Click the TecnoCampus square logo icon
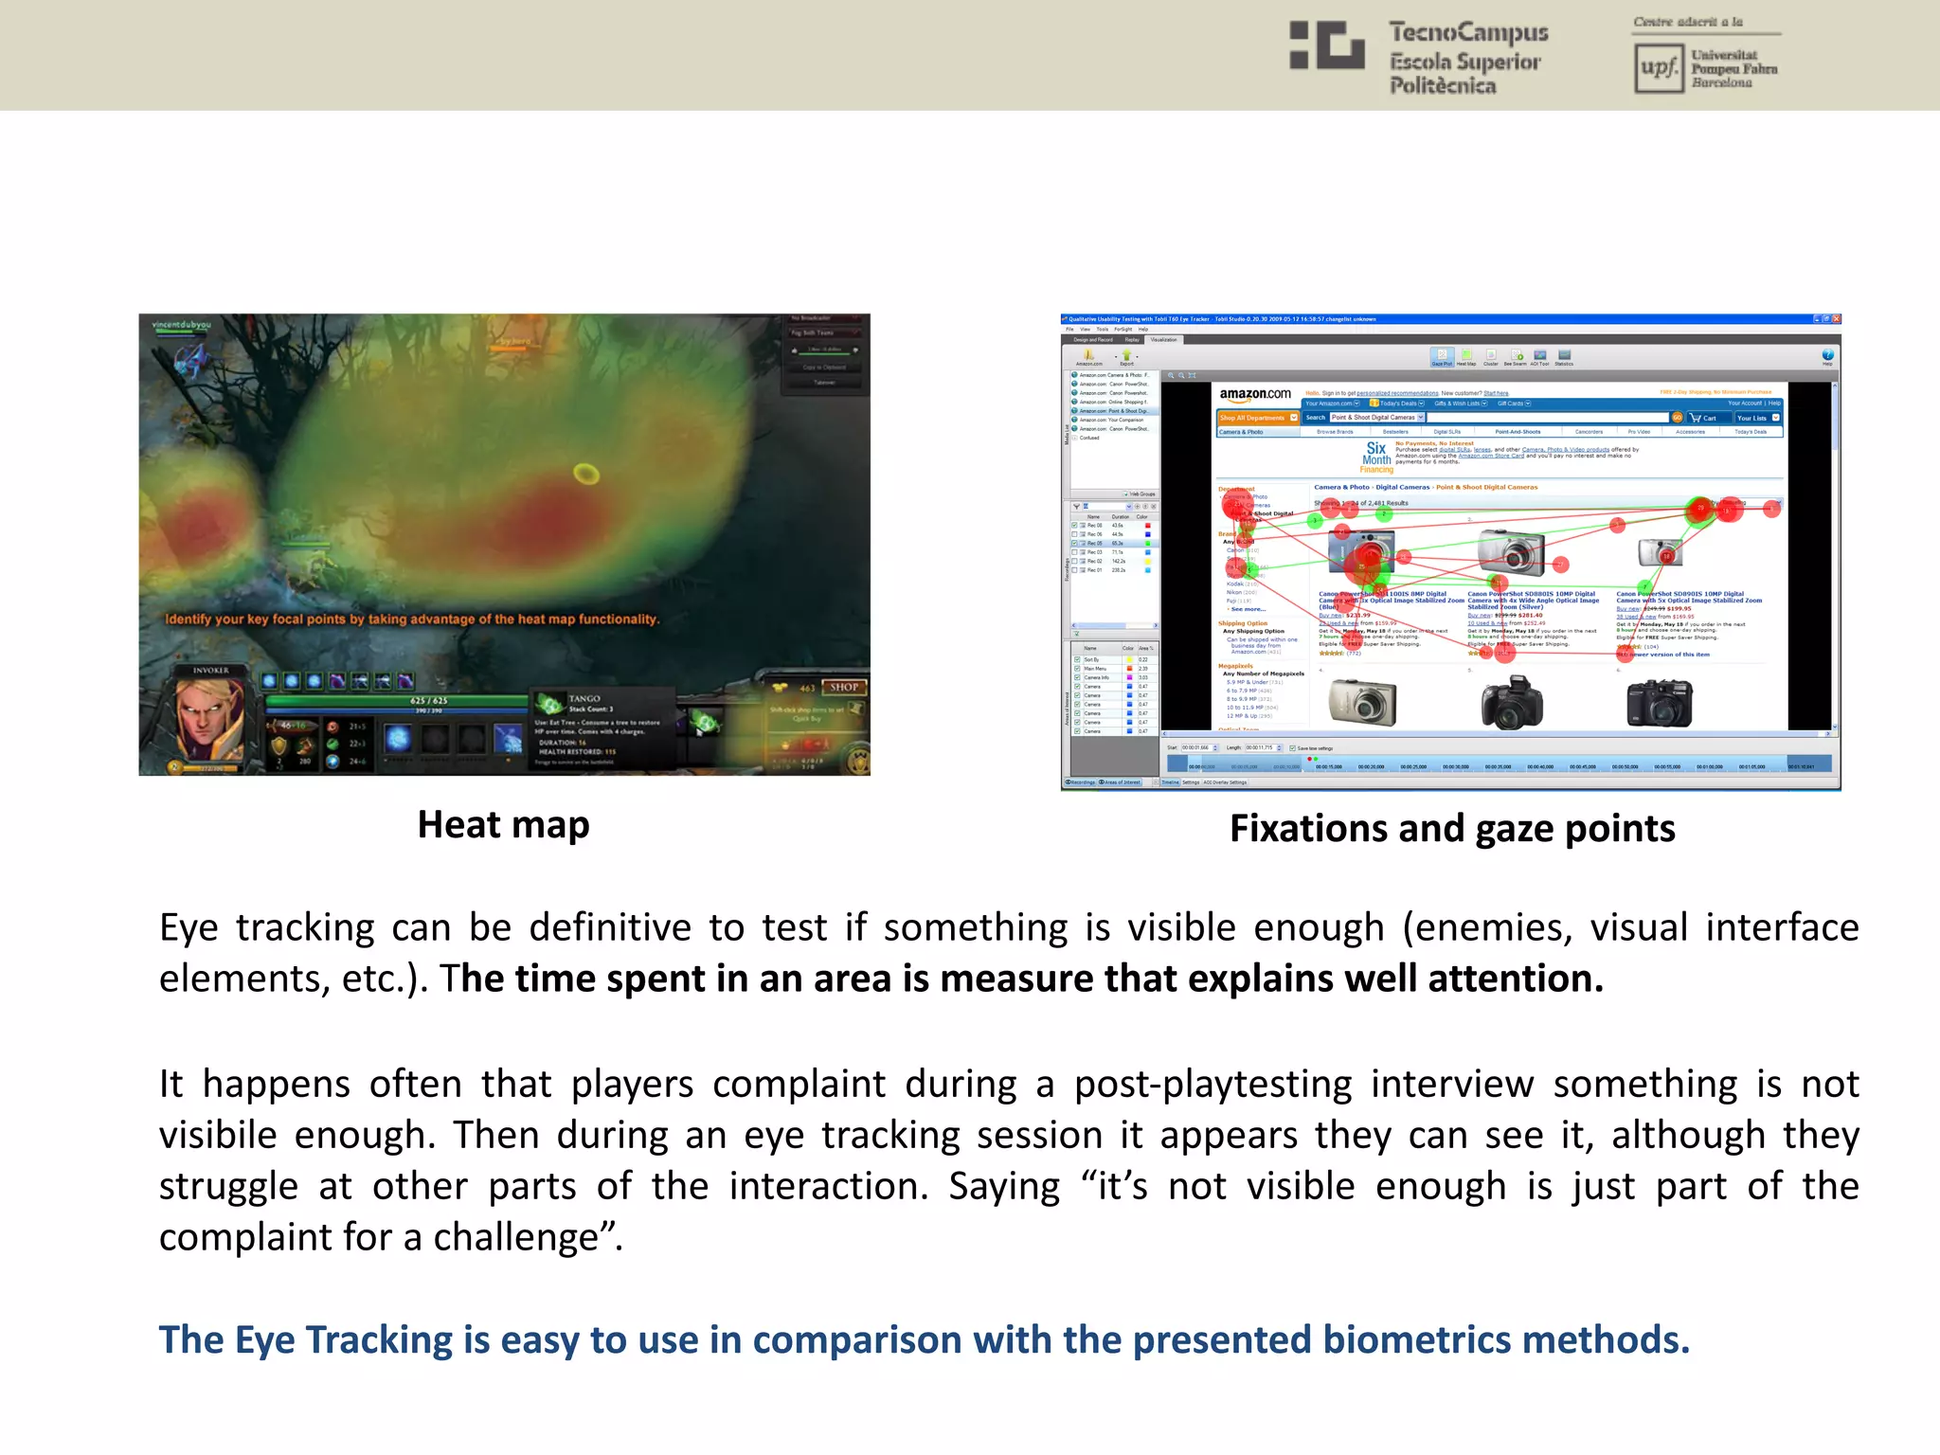pyautogui.click(x=1326, y=45)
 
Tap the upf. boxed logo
pyautogui.click(x=1659, y=68)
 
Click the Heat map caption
pyautogui.click(x=503, y=825)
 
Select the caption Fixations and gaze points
pyautogui.click(x=1451, y=829)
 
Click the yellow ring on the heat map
pyautogui.click(x=586, y=473)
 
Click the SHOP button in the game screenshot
pyautogui.click(x=843, y=687)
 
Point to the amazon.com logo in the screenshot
pyautogui.click(x=1254, y=394)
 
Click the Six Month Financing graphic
pyautogui.click(x=1376, y=457)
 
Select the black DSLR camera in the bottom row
pyautogui.click(x=1659, y=703)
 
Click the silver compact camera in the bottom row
pyautogui.click(x=1362, y=703)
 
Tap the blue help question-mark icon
pyautogui.click(x=1827, y=355)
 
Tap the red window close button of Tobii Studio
pyautogui.click(x=1836, y=319)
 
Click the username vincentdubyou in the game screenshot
pyautogui.click(x=182, y=325)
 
